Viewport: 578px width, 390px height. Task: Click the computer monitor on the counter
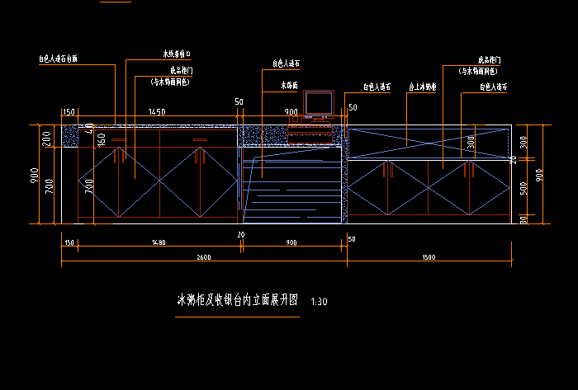click(x=318, y=103)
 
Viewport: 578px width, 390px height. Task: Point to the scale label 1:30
click(x=319, y=303)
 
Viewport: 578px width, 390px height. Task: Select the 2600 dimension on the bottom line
click(x=203, y=257)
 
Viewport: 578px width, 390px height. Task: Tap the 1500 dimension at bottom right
click(x=428, y=257)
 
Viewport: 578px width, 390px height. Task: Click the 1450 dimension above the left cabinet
click(x=157, y=112)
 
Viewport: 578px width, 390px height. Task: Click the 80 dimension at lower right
click(x=523, y=218)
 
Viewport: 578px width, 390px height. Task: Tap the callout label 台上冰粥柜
click(x=423, y=86)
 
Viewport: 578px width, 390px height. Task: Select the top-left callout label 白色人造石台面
click(x=58, y=59)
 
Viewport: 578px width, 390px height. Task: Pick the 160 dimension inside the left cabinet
click(x=102, y=139)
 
